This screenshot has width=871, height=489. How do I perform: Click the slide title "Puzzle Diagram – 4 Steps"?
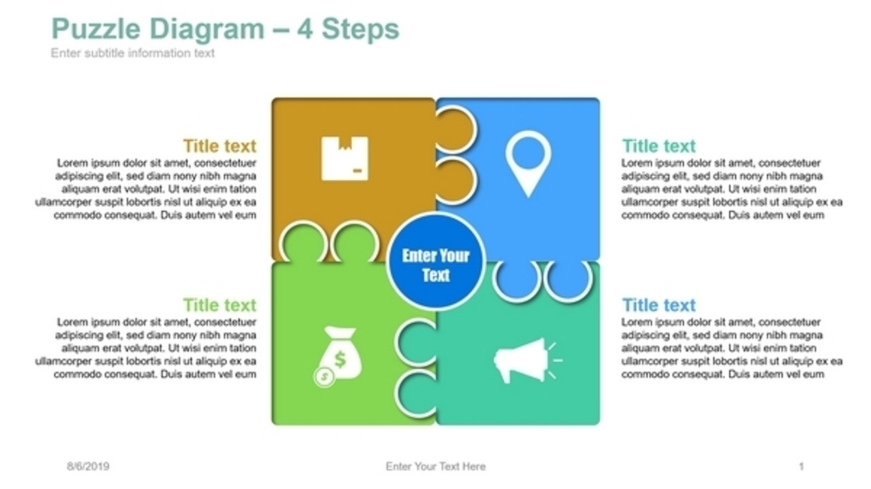click(225, 29)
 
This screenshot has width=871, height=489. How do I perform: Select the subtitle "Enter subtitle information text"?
click(133, 53)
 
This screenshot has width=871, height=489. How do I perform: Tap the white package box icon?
click(344, 158)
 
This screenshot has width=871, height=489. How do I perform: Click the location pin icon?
click(528, 163)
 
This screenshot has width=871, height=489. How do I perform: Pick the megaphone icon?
click(523, 359)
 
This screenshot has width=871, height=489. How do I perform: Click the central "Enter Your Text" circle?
click(435, 265)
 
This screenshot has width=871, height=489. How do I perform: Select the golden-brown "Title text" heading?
click(219, 146)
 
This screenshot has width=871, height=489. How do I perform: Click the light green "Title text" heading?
click(219, 305)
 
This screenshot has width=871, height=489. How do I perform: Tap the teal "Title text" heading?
click(659, 146)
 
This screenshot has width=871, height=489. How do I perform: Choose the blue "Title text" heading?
click(659, 305)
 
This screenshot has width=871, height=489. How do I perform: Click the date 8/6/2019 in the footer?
click(88, 467)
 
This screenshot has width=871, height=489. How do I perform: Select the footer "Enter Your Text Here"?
click(435, 467)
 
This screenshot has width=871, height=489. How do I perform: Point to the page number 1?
click(801, 467)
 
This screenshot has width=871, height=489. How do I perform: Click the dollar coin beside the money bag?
click(324, 376)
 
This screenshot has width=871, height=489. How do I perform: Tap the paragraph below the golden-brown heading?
click(146, 189)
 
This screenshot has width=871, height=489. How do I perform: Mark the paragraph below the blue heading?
click(732, 348)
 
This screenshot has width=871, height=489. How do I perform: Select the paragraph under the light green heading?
click(146, 348)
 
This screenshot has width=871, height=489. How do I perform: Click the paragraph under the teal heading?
click(732, 189)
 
